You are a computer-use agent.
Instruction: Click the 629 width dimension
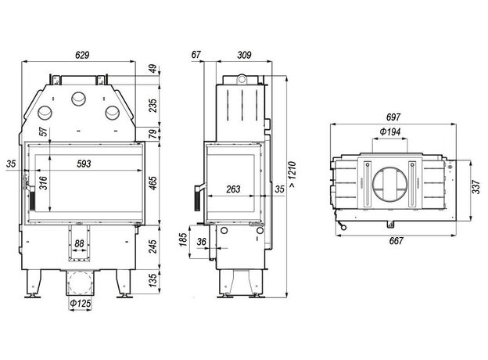coord(82,55)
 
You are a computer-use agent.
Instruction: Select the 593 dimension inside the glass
coord(84,164)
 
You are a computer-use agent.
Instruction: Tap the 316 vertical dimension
coord(43,183)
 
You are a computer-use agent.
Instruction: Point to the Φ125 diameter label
coord(81,303)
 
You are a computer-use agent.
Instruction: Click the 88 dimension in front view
coord(79,243)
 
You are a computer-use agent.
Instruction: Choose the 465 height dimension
coord(152,183)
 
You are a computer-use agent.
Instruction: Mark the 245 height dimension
coord(152,247)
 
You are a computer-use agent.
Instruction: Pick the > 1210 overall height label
coord(292,175)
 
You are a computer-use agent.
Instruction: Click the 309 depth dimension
coord(244,55)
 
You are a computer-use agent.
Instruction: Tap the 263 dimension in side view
coord(233,189)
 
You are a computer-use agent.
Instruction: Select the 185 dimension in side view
coord(183,239)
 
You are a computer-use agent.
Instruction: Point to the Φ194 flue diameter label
coord(390,131)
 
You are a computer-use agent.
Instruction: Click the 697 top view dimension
coord(393,117)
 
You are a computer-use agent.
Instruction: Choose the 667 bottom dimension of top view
coord(396,241)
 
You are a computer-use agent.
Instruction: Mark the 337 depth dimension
coord(476,187)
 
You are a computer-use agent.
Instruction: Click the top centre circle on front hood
coord(78,99)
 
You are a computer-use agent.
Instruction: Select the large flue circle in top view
coord(389,185)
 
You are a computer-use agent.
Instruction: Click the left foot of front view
coord(33,283)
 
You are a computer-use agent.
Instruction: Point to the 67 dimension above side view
coord(196,55)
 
